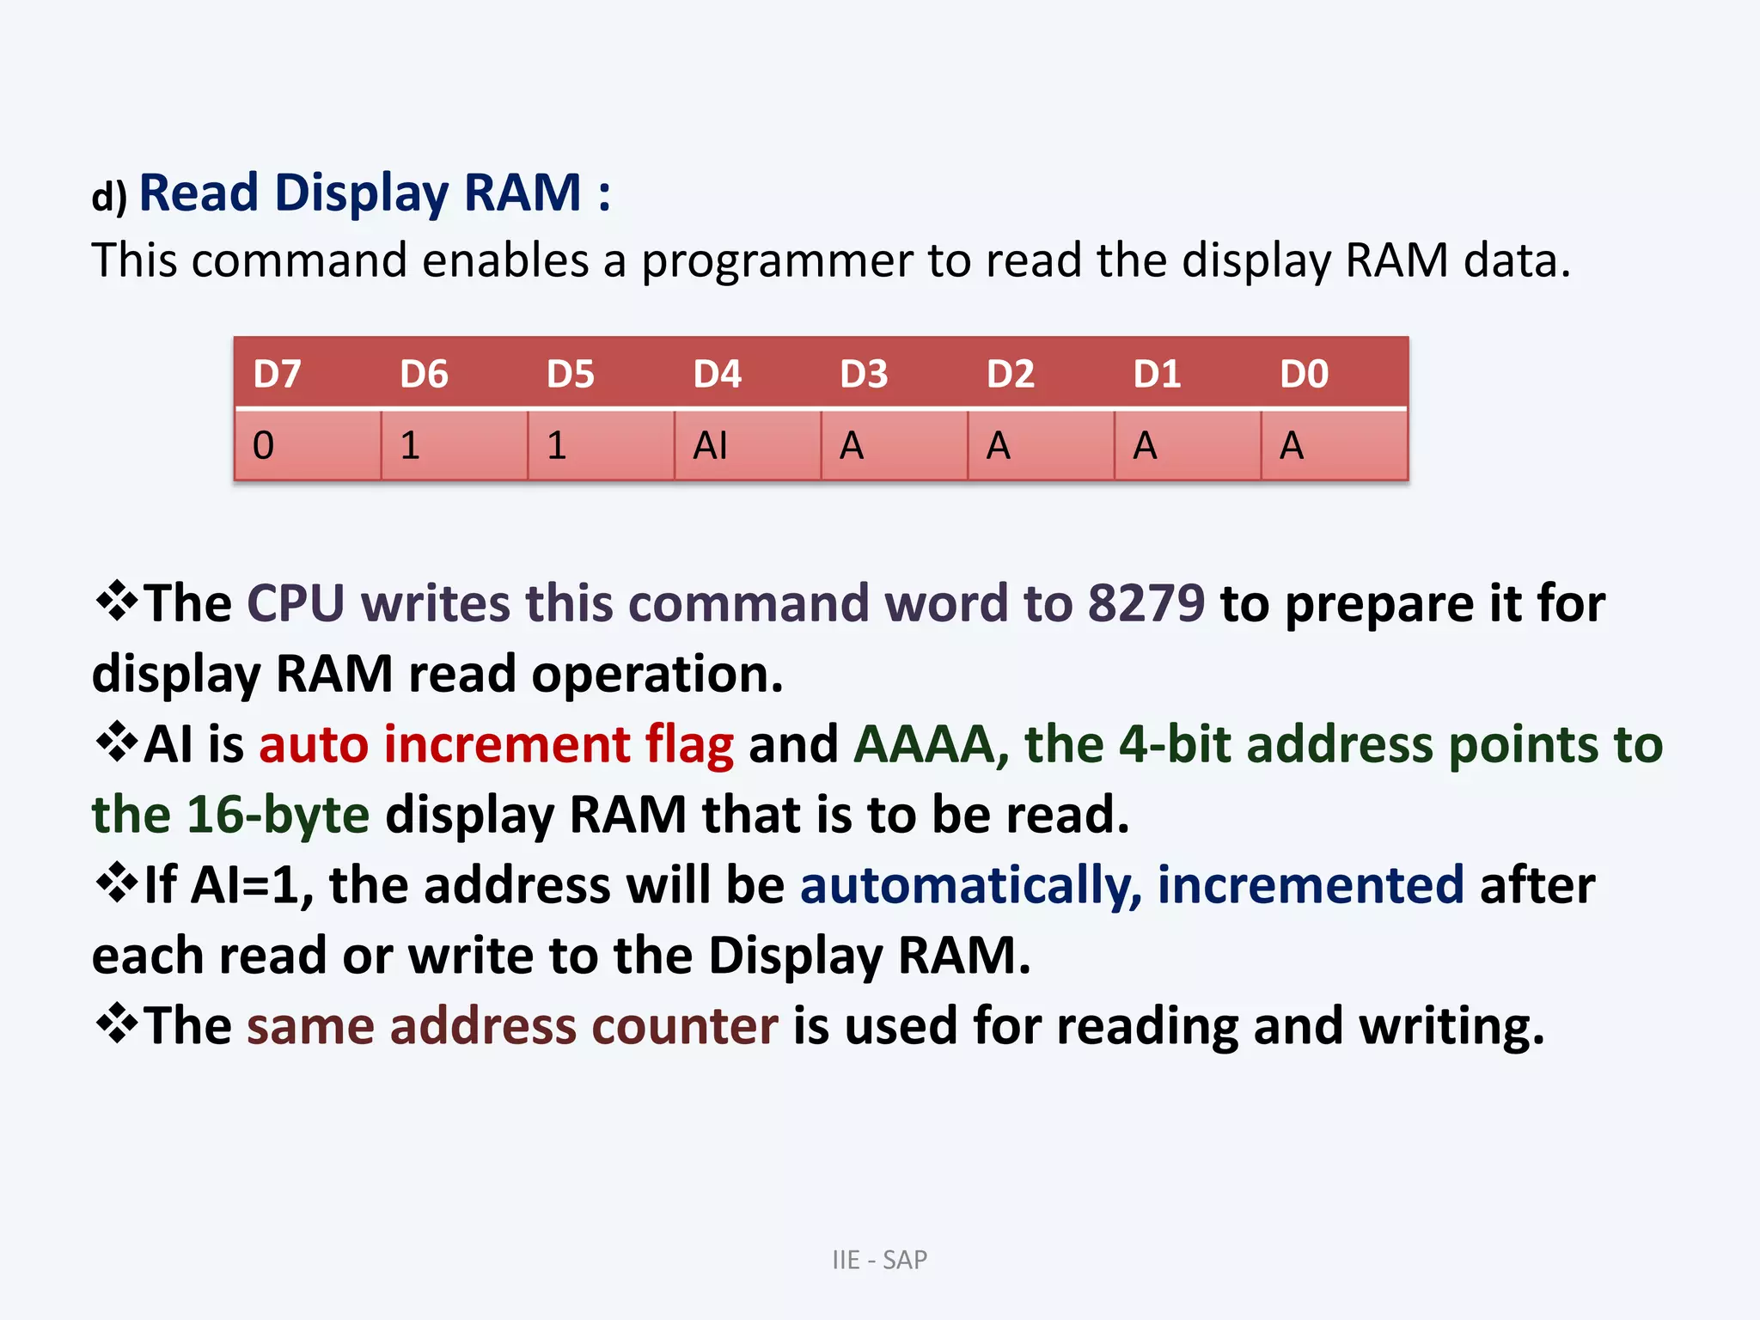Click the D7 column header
(x=277, y=375)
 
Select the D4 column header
(x=717, y=375)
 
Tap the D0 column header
(x=1304, y=375)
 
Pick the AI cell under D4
(x=711, y=446)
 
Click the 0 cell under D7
(x=264, y=446)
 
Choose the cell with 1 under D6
(x=410, y=446)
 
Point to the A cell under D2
(x=998, y=446)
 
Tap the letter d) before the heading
(x=109, y=197)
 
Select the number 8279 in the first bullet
(x=1146, y=603)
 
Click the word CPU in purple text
(x=296, y=603)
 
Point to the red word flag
(x=689, y=744)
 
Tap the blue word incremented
(x=1311, y=885)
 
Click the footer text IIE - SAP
(x=879, y=1260)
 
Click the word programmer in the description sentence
(x=776, y=261)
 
